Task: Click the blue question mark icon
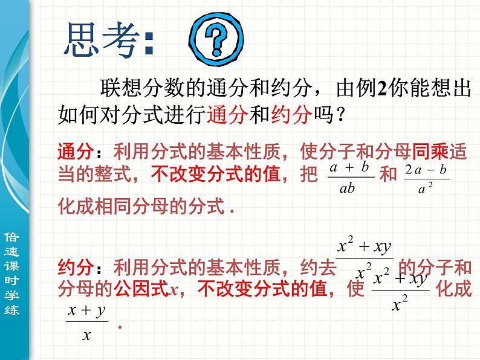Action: pos(216,41)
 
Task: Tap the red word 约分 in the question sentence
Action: pos(291,115)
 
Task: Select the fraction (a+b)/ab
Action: pos(351,178)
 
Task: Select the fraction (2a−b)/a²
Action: pos(426,178)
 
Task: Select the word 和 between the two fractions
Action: pos(388,176)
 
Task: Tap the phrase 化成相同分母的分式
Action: pos(140,207)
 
